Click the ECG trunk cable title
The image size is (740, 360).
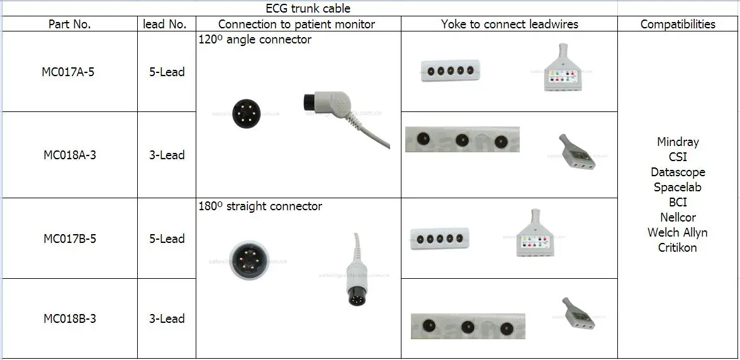(x=308, y=8)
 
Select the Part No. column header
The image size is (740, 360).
(x=69, y=25)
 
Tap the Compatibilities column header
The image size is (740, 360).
(x=678, y=25)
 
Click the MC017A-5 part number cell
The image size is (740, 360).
(x=69, y=72)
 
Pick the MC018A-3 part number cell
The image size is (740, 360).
(x=69, y=155)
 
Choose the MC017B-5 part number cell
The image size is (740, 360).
(x=69, y=239)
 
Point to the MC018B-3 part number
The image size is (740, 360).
(x=69, y=318)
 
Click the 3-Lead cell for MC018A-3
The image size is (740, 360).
(x=167, y=155)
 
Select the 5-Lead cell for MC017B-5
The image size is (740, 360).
(x=167, y=239)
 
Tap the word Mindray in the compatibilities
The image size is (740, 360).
(x=678, y=142)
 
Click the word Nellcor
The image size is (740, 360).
(x=678, y=217)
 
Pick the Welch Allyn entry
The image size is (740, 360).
(x=678, y=232)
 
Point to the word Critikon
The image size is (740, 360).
(x=678, y=247)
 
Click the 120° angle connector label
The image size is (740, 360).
(x=255, y=40)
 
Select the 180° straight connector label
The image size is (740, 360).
(x=261, y=206)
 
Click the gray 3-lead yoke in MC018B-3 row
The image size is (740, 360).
(x=578, y=313)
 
